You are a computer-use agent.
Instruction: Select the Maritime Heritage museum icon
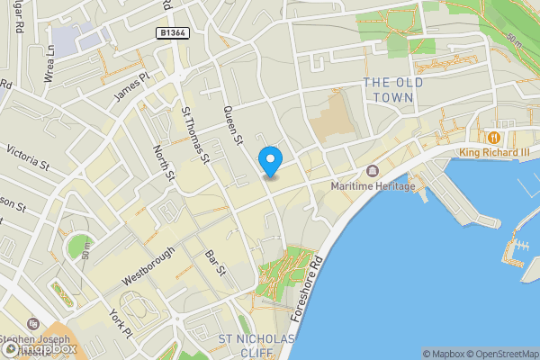coord(372,171)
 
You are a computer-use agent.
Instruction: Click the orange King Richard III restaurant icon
coord(493,137)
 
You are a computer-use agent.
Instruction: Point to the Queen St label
coord(234,124)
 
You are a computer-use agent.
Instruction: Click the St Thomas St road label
coord(195,135)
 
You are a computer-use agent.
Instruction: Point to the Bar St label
coord(214,263)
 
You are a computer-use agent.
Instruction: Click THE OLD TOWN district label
coord(388,90)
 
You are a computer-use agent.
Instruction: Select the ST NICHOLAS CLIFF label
coord(257,346)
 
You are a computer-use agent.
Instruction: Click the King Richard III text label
coord(494,152)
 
